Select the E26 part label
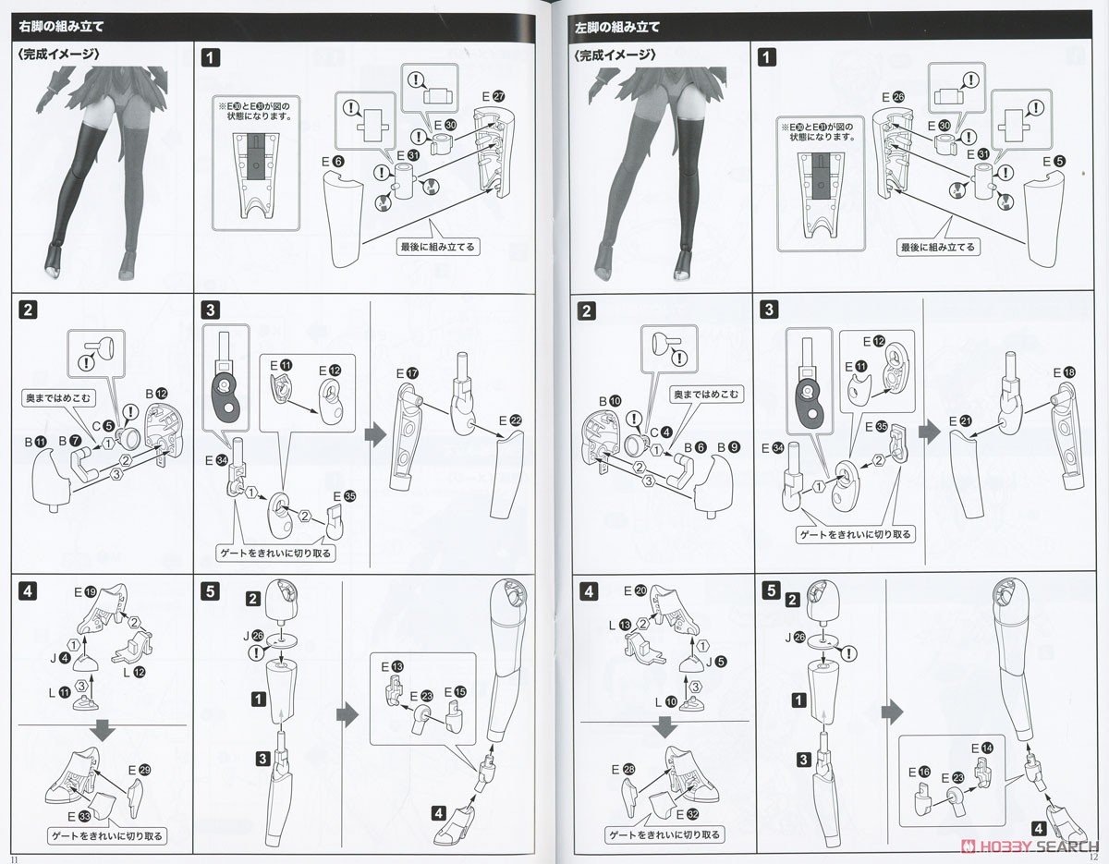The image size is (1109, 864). coord(894,97)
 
